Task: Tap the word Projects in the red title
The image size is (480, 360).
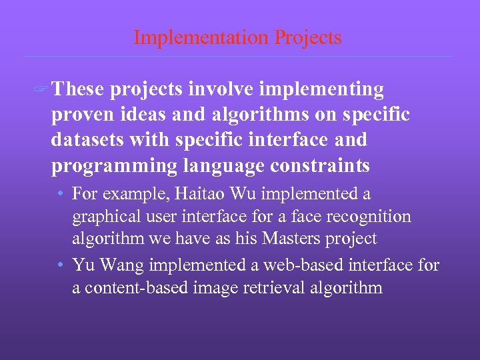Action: (307, 37)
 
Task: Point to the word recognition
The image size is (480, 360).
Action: (371, 217)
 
